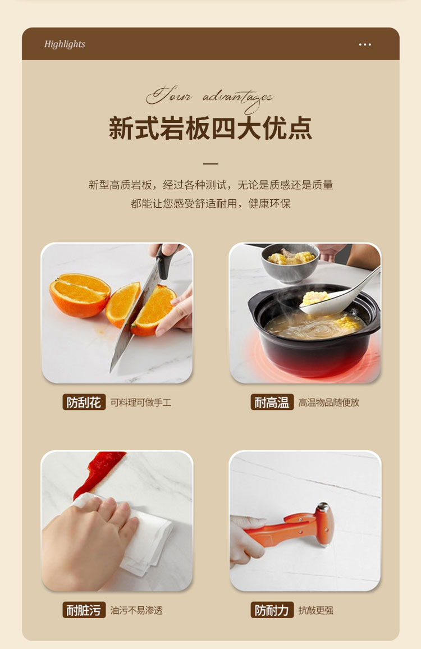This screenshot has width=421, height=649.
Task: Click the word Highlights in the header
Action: (65, 44)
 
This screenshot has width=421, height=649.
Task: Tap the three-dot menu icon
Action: (365, 44)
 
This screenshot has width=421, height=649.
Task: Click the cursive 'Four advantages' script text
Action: (210, 98)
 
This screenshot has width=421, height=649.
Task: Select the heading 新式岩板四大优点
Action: (210, 129)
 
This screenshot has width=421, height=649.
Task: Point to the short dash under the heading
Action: (210, 163)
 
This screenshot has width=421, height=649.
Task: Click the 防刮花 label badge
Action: (84, 402)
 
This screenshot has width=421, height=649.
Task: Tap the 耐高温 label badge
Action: (272, 402)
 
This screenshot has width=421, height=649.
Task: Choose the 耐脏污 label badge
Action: (84, 610)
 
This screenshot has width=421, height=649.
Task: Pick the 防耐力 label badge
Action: (272, 610)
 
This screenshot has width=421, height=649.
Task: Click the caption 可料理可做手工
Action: (141, 403)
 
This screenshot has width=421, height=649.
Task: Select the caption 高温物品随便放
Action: (329, 403)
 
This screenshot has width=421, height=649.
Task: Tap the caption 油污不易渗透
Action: (136, 610)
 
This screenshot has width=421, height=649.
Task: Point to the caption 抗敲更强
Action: (315, 610)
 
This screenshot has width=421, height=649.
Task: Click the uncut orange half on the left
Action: (80, 295)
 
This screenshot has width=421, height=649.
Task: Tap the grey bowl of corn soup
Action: (290, 262)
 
